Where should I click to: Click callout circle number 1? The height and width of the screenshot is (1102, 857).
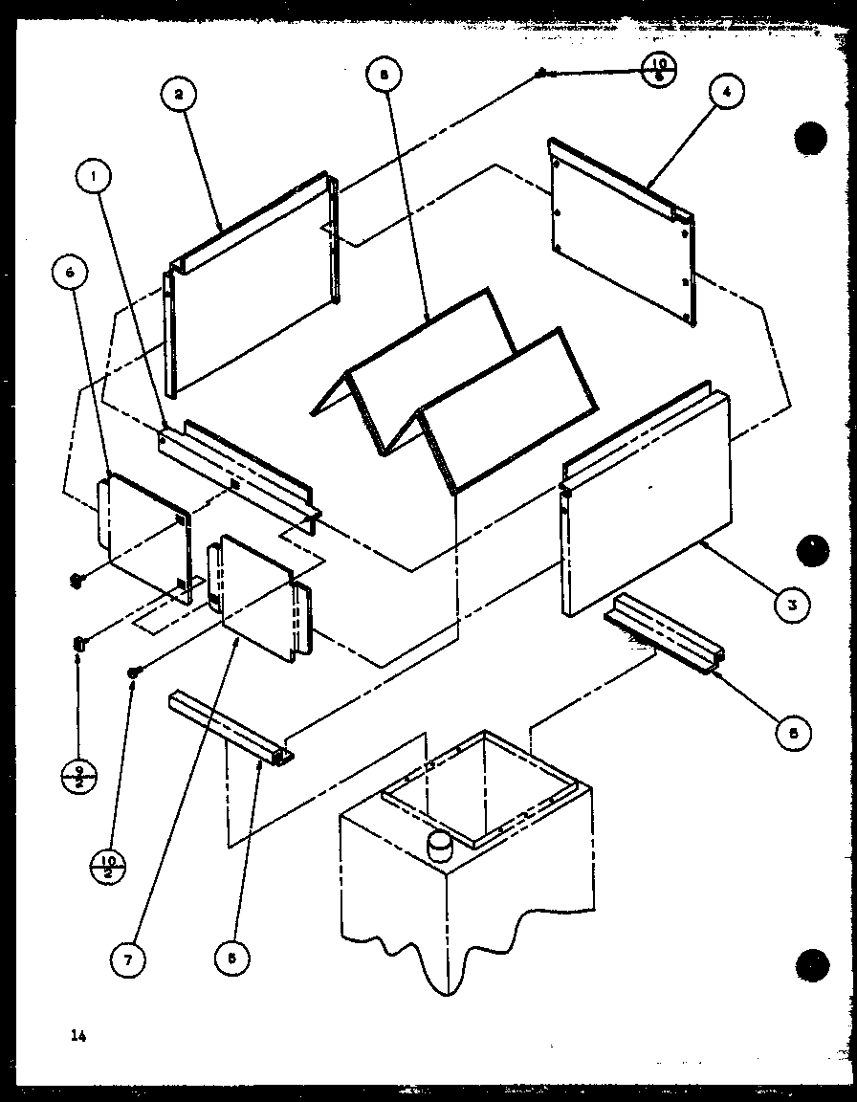[94, 175]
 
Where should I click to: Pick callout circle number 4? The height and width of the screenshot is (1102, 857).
[726, 93]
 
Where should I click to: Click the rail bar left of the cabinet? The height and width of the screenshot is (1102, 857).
[230, 727]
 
